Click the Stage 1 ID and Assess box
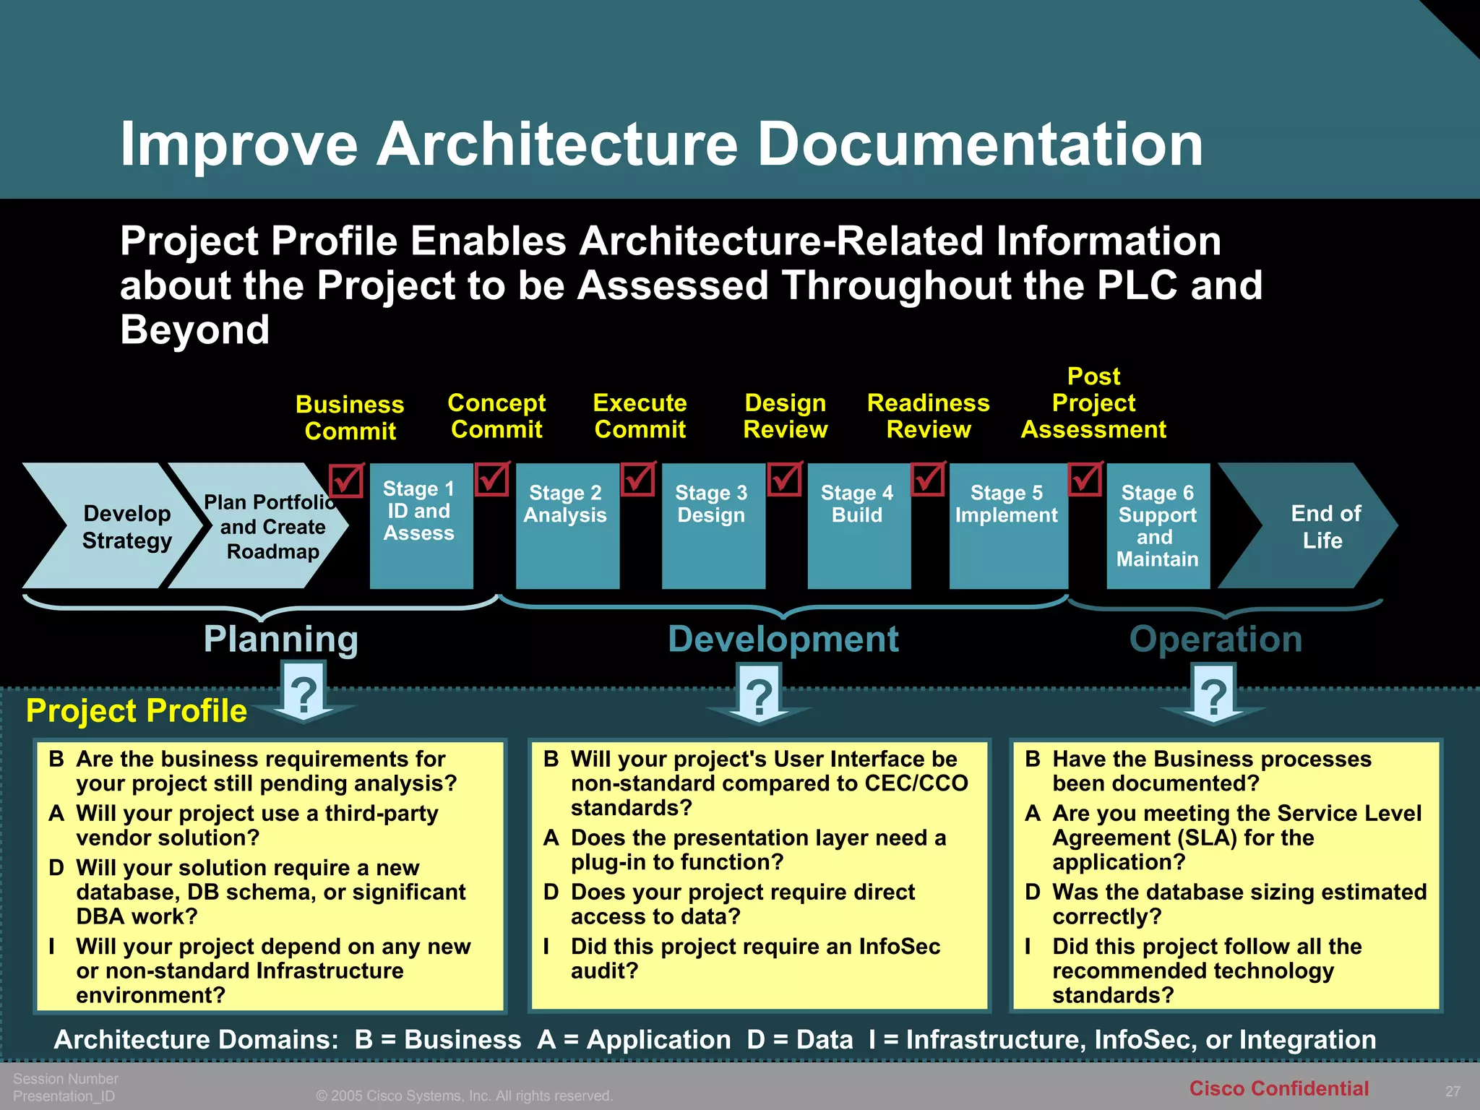coord(421,525)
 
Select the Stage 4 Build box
coord(859,525)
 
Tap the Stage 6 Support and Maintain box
coord(1158,525)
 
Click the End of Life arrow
coord(1315,526)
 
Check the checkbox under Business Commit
coord(346,481)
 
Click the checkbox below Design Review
coord(785,479)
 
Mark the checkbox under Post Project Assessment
coord(1085,479)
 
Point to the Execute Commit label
coord(640,416)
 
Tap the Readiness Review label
coord(928,416)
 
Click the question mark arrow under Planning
coord(304,695)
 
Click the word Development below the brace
coord(783,640)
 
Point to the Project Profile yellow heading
coord(137,711)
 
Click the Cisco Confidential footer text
coord(1278,1088)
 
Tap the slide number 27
coord(1453,1091)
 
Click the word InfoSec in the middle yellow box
coord(899,947)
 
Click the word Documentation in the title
coord(979,144)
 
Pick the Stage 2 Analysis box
coord(567,525)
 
